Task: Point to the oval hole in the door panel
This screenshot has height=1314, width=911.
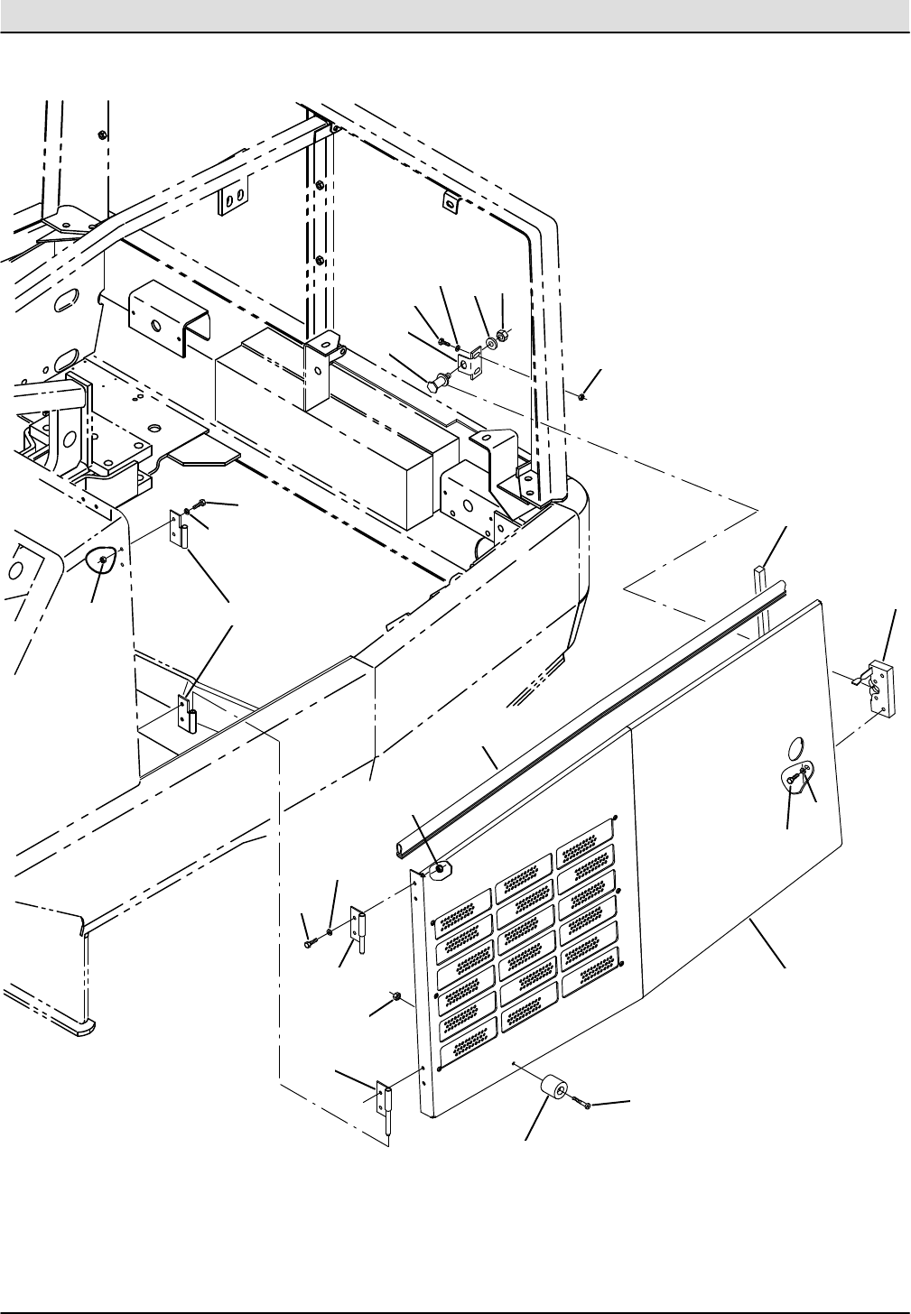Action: [795, 747]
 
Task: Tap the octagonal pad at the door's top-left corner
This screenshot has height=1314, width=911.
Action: [440, 870]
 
